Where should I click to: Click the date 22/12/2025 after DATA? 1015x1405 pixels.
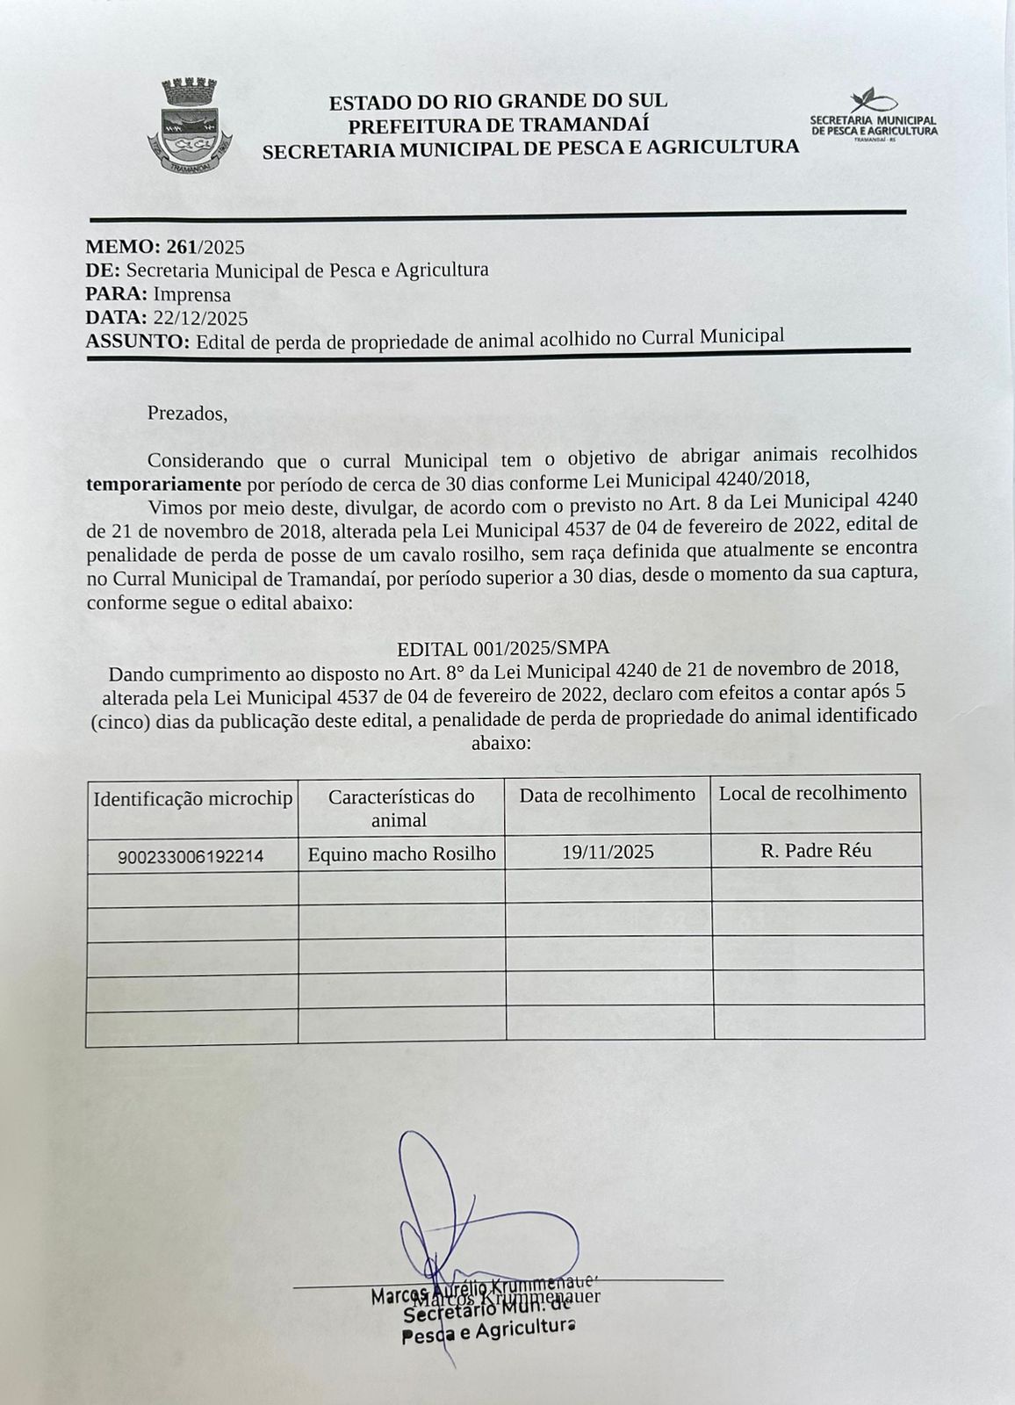(x=200, y=318)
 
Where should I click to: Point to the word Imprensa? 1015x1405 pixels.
(x=191, y=294)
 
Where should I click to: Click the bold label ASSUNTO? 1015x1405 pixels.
(x=137, y=342)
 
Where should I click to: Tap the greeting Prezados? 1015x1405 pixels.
(x=187, y=413)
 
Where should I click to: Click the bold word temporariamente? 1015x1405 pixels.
(x=163, y=484)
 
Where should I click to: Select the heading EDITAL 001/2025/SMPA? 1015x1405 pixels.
(x=503, y=649)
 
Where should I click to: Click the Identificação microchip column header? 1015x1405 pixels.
(x=193, y=799)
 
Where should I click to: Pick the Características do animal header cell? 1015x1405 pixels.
(x=400, y=808)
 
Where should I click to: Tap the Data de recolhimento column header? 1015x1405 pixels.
(x=608, y=796)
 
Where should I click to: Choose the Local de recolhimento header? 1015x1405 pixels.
(x=813, y=794)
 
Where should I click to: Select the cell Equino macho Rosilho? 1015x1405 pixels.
(x=401, y=854)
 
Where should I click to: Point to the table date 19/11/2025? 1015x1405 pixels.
(x=608, y=852)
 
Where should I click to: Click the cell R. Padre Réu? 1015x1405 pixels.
(x=816, y=850)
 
